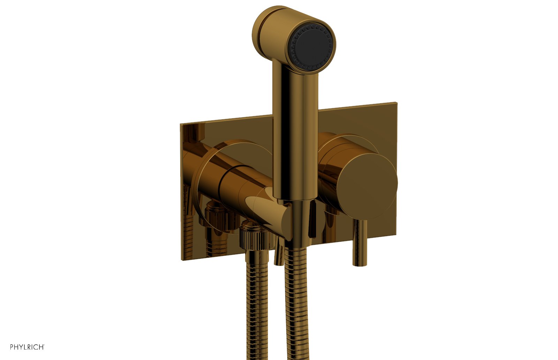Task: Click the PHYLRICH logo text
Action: click(x=27, y=347)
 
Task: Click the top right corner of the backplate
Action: click(x=397, y=103)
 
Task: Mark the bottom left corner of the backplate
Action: click(x=181, y=260)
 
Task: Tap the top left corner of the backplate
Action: click(x=181, y=124)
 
